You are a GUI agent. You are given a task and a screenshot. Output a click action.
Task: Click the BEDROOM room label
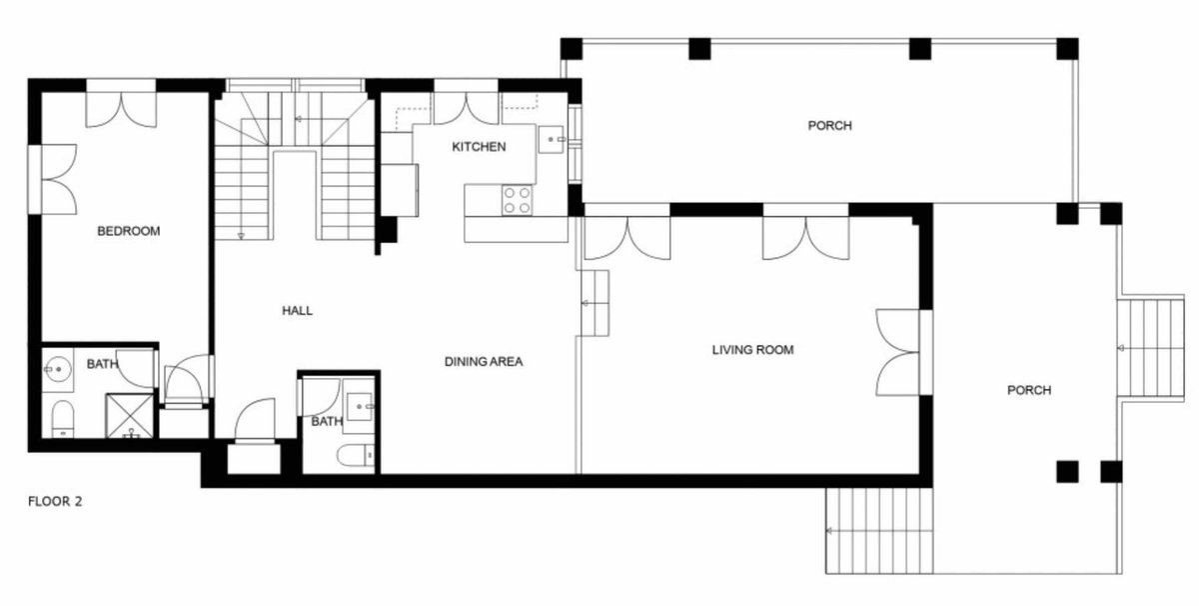(x=129, y=231)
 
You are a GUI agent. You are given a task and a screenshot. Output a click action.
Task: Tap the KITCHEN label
(x=479, y=147)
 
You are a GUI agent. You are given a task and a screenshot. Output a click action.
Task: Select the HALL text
(x=297, y=310)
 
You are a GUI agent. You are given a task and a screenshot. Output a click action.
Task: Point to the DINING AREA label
(x=484, y=362)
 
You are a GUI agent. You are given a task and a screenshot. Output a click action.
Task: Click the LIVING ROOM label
(x=752, y=350)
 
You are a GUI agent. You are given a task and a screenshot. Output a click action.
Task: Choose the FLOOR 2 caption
(x=55, y=502)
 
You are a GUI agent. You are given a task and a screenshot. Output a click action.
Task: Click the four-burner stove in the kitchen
(x=518, y=200)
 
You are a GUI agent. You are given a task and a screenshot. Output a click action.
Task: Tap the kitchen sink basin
(x=551, y=140)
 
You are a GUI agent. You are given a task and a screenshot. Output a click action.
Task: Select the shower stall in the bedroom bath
(x=130, y=416)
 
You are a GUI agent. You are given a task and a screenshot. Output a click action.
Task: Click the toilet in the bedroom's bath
(x=63, y=419)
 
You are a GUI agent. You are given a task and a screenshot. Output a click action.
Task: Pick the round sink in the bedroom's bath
(x=57, y=369)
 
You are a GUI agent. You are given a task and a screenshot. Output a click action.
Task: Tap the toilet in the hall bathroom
(x=356, y=455)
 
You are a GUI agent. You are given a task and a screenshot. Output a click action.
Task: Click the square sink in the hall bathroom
(x=360, y=407)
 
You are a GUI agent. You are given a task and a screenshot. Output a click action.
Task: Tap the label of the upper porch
(x=829, y=125)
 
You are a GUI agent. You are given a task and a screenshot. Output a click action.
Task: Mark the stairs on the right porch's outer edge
(x=1150, y=348)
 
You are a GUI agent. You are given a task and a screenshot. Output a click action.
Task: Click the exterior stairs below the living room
(x=879, y=530)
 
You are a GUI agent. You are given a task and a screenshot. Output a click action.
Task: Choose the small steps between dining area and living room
(x=596, y=303)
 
